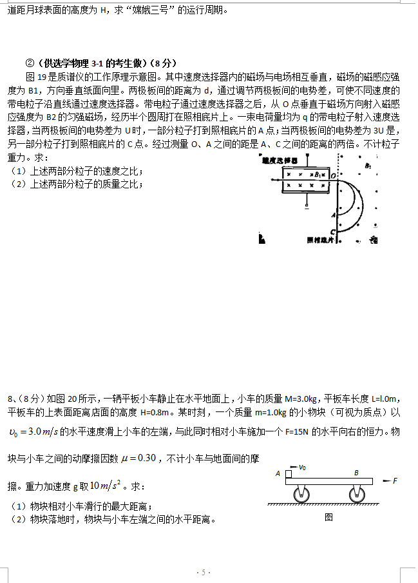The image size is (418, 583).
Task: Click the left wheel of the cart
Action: click(300, 495)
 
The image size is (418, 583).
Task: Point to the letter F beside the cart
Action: click(395, 480)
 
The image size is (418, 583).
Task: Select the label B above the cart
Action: click(356, 472)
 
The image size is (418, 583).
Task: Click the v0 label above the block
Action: click(303, 466)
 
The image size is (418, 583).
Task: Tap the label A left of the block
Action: click(278, 473)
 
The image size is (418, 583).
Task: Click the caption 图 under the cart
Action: click(328, 517)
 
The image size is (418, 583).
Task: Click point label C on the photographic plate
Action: click(331, 232)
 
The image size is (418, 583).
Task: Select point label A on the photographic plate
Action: click(332, 215)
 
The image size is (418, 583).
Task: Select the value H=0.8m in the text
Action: click(138, 411)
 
